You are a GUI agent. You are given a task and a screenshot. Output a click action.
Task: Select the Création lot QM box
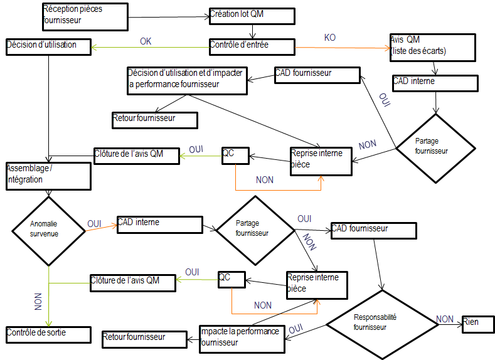[x=252, y=16]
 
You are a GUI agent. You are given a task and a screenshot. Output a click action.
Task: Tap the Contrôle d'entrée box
[x=252, y=46]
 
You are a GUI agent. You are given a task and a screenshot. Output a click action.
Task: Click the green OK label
[x=146, y=41]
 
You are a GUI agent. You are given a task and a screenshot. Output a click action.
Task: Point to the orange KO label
[x=330, y=38]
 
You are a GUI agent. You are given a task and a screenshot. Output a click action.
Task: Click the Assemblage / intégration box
[x=48, y=175]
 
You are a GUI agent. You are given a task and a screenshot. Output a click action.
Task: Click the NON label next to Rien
[x=445, y=319]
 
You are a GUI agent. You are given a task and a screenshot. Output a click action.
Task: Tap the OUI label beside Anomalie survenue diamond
[x=95, y=223]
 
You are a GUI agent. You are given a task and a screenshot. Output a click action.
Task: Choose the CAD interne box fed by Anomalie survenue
[x=159, y=225]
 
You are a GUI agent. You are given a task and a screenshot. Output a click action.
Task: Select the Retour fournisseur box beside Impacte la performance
[x=143, y=339]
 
